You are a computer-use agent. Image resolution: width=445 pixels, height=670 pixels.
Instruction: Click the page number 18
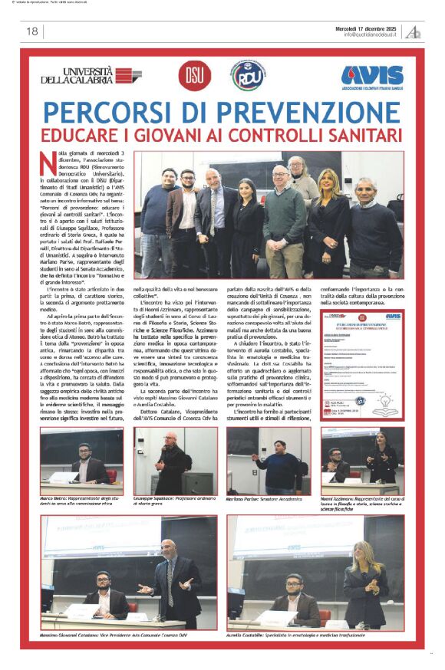[x=32, y=31]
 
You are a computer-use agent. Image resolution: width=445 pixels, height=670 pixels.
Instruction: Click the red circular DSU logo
[x=191, y=75]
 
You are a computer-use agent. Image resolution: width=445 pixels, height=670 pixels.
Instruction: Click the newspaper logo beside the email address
[x=414, y=31]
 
